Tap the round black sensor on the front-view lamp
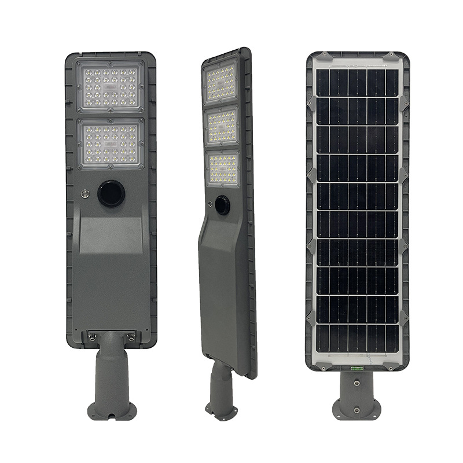[x=109, y=194]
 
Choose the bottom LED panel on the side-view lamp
[x=223, y=168]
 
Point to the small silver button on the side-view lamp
[x=207, y=203]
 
